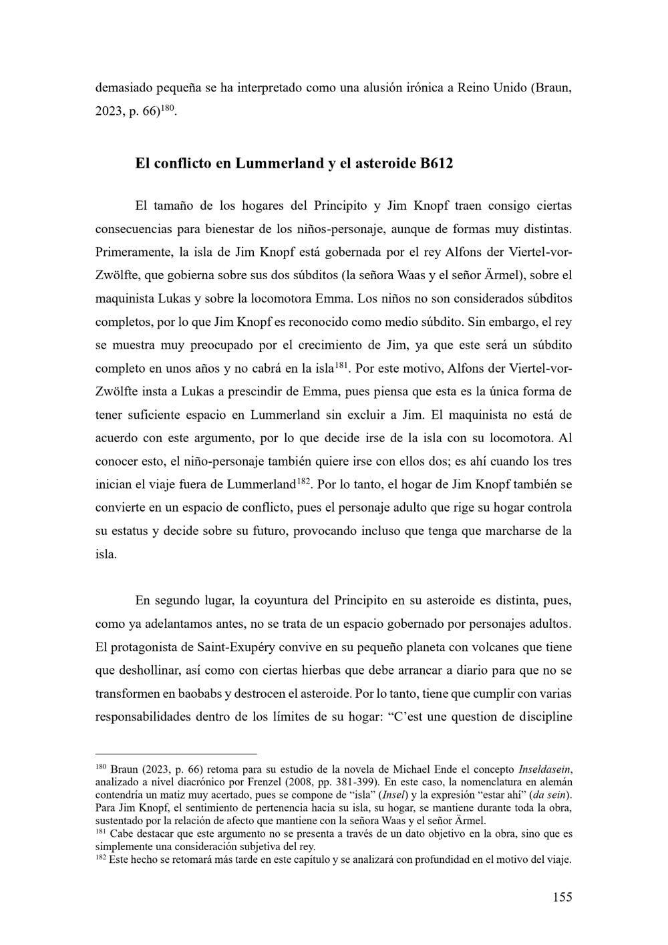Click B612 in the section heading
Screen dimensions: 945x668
[436, 163]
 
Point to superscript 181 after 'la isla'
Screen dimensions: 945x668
[342, 364]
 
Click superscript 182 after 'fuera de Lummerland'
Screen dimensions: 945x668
[303, 480]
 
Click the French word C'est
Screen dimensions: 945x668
[411, 717]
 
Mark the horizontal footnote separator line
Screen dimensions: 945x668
[176, 753]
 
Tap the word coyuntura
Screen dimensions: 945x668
[275, 600]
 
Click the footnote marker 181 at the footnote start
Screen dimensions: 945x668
[101, 831]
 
